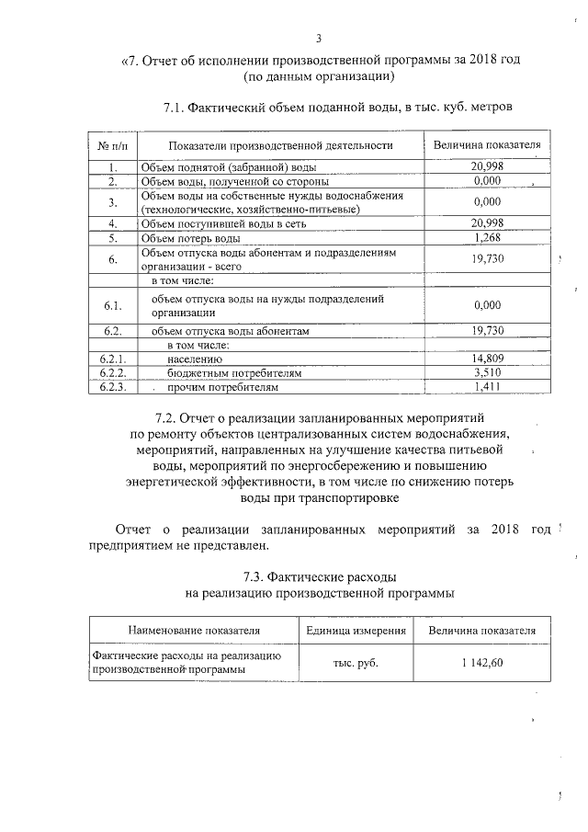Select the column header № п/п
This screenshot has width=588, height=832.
(111, 145)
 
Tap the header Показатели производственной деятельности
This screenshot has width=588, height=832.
(280, 145)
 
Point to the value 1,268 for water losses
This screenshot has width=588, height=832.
(486, 239)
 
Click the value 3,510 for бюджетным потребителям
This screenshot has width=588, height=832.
(486, 373)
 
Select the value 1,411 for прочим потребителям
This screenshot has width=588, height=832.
(486, 387)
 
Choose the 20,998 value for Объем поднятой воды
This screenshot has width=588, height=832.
(486, 166)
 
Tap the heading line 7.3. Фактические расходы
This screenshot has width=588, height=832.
(319, 577)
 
